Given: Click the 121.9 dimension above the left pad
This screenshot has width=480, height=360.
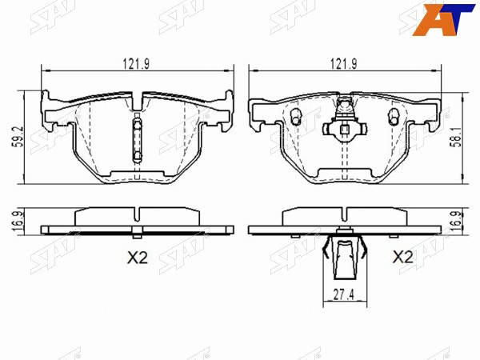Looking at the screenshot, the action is [136, 64].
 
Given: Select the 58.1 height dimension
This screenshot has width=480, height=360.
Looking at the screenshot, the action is [457, 138].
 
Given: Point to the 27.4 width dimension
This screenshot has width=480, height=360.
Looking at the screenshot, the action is [343, 295].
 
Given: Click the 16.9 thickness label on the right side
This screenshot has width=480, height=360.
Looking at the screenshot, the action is [457, 221].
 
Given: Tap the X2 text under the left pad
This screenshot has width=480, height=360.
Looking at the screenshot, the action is [138, 258].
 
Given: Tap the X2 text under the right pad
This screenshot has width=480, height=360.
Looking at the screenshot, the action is [403, 257].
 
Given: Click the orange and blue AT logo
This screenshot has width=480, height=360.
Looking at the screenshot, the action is [443, 18].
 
